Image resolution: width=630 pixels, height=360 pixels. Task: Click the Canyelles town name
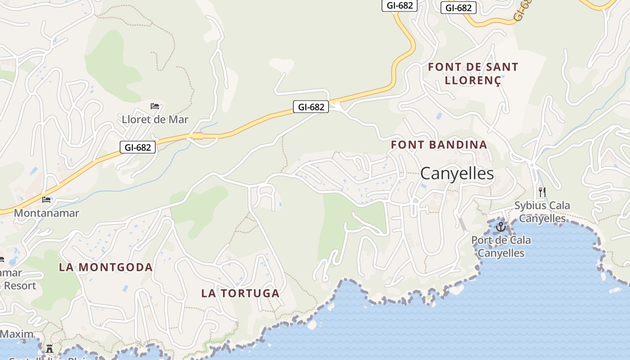[457, 174]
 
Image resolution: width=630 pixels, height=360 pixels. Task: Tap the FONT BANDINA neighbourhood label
[439, 145]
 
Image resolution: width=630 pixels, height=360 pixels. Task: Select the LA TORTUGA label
[240, 293]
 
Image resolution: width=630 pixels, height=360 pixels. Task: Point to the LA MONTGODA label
[106, 267]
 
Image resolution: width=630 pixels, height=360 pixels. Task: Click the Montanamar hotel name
[46, 213]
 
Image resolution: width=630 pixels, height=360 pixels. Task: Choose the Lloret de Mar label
[155, 120]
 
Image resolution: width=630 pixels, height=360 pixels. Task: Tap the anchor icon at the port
[500, 227]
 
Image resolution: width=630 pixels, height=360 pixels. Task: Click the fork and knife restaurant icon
[542, 192]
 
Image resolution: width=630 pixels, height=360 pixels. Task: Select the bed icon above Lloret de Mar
[155, 106]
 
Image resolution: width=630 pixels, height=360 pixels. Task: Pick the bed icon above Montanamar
[46, 199]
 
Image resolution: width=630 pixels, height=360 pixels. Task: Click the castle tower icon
[49, 349]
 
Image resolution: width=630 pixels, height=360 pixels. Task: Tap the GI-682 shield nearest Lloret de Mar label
[138, 147]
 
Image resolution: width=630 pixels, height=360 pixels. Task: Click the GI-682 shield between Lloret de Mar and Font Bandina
[311, 107]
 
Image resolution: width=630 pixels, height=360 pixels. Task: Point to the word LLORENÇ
[472, 81]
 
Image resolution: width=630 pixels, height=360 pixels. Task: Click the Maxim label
[17, 334]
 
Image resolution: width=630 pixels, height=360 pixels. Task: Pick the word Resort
[20, 286]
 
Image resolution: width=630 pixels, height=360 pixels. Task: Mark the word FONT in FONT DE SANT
[445, 67]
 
